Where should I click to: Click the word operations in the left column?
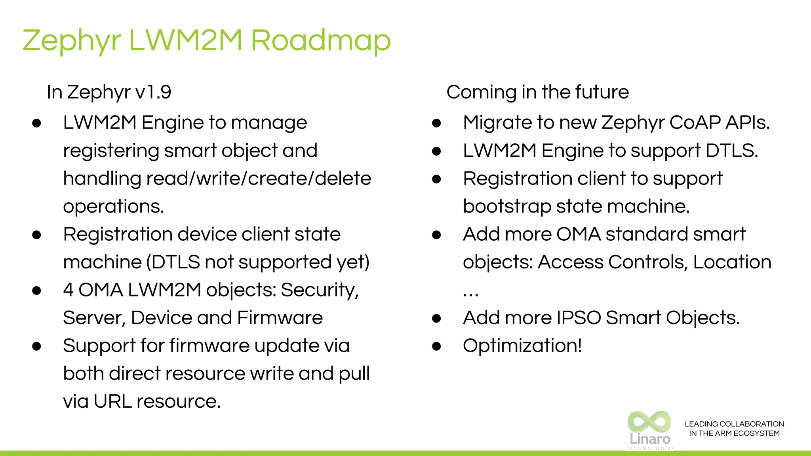[113, 207]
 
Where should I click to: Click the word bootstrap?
[507, 207]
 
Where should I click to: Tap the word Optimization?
[522, 346]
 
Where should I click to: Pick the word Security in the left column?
[320, 290]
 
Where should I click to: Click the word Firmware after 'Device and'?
[280, 318]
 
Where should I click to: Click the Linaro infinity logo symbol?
[649, 422]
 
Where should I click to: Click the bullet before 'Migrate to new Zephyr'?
[436, 123]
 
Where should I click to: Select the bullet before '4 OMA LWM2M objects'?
[37, 291]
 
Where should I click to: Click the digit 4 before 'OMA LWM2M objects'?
[68, 290]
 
